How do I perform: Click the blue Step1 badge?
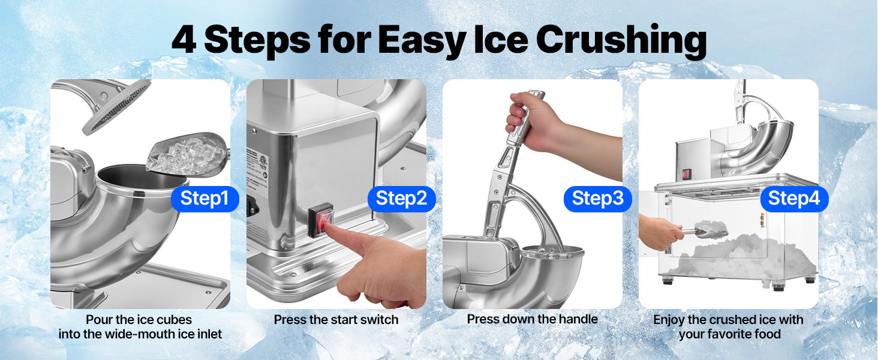click(x=205, y=199)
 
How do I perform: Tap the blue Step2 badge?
click(x=401, y=199)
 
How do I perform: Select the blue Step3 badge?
click(x=598, y=199)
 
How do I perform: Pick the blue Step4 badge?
click(x=794, y=199)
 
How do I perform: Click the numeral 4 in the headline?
click(x=184, y=40)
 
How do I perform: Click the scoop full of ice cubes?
click(x=187, y=154)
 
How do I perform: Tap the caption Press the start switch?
click(x=336, y=320)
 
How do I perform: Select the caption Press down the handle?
click(x=533, y=319)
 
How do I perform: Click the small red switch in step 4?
click(x=686, y=175)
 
